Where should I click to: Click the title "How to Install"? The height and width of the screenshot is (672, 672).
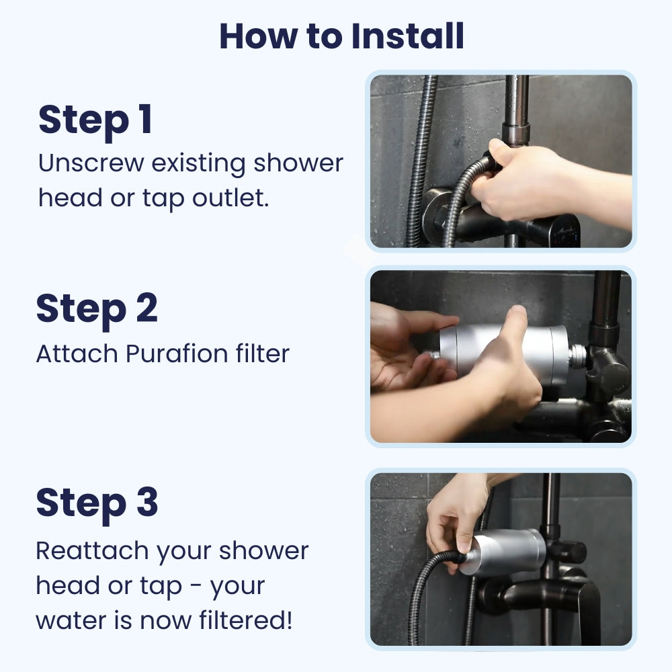(x=341, y=36)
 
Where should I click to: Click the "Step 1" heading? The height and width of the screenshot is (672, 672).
(x=95, y=120)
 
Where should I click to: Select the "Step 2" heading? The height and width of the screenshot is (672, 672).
(x=97, y=308)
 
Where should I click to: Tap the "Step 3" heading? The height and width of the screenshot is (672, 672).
(x=97, y=502)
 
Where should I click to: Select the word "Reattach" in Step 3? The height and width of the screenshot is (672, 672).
(x=91, y=550)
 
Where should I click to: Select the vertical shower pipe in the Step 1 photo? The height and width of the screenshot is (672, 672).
(x=516, y=108)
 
